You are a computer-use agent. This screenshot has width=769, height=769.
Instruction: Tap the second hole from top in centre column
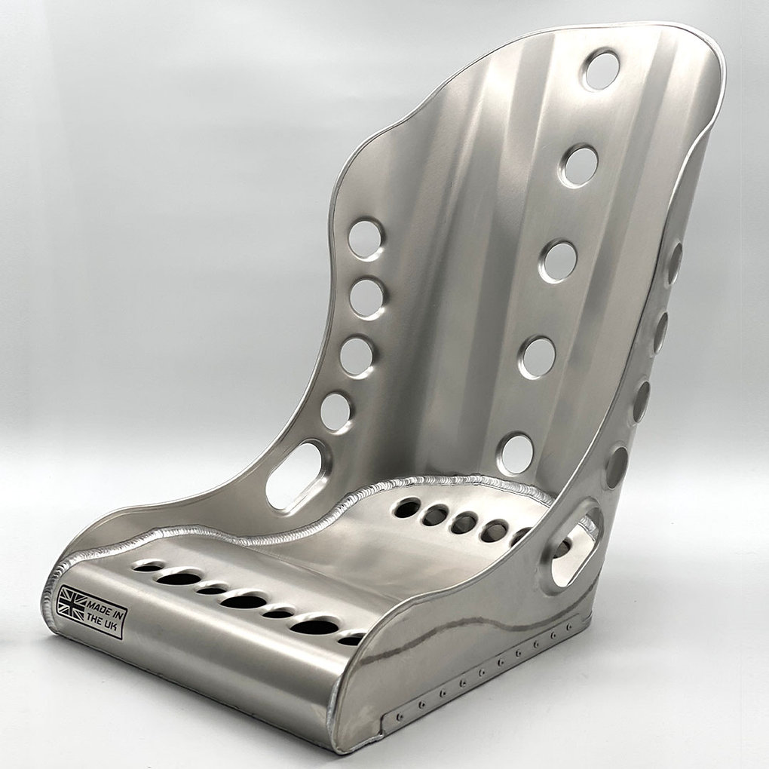[x=581, y=166]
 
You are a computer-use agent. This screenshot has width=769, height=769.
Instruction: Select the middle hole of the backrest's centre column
[x=559, y=262]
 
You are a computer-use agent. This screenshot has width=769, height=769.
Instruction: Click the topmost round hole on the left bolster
[x=366, y=240]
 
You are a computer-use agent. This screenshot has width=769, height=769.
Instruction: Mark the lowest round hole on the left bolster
[x=336, y=412]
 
